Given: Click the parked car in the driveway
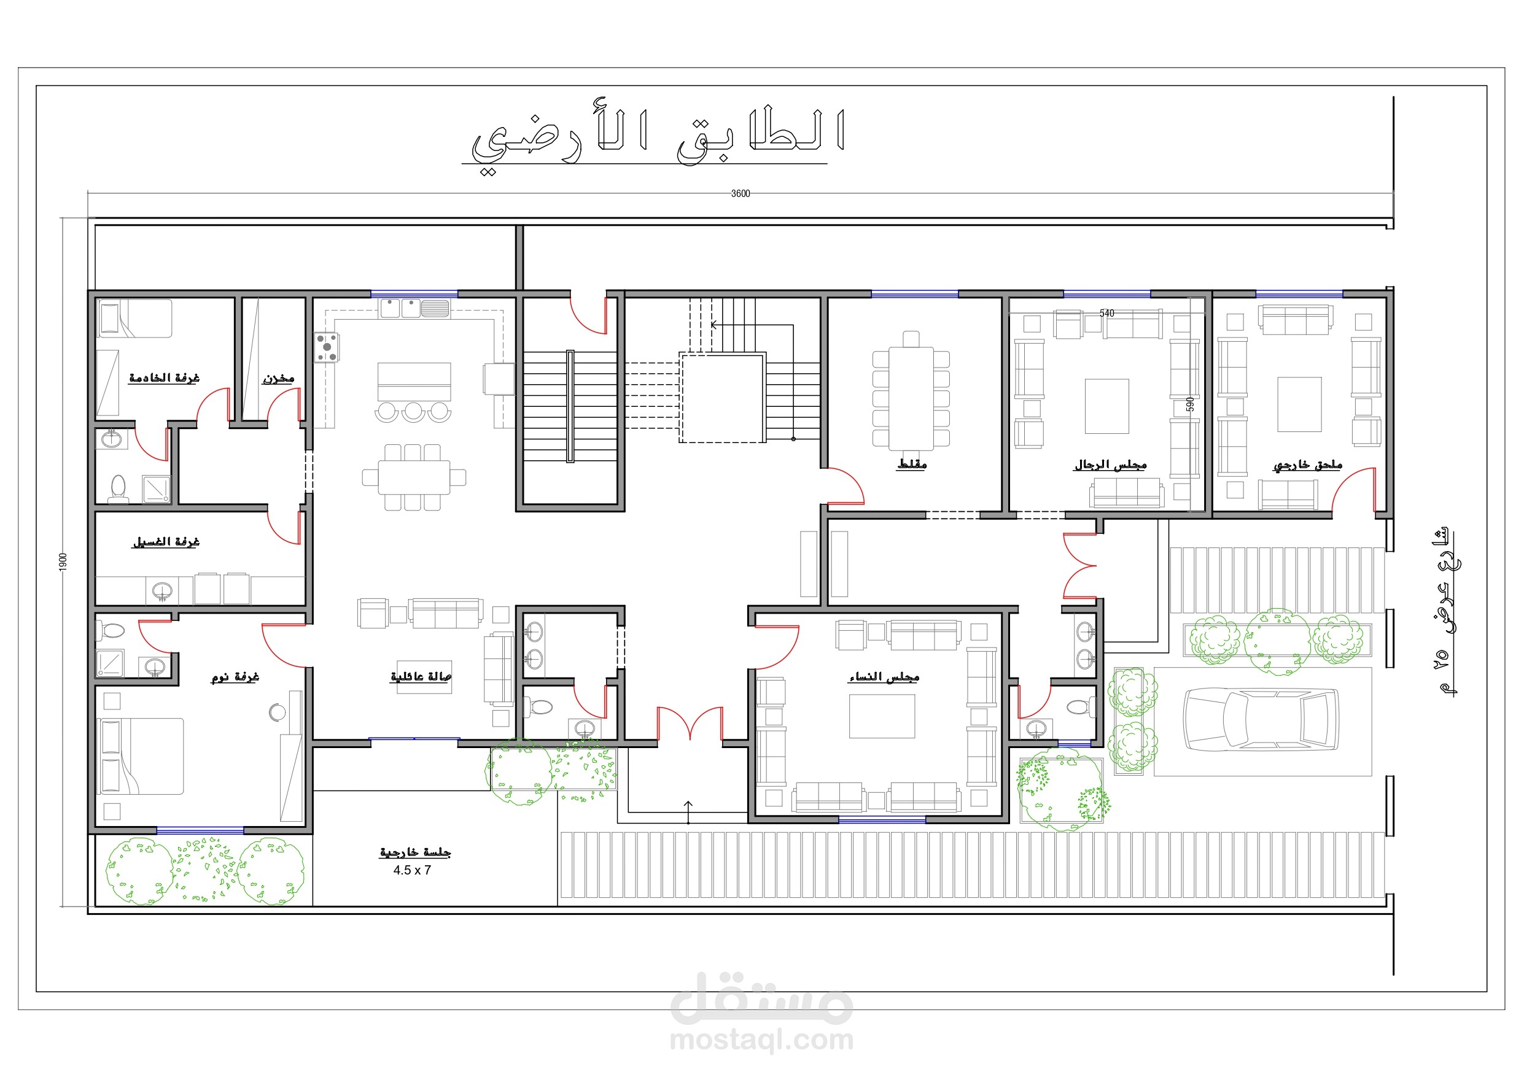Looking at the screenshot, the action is [x=1261, y=720].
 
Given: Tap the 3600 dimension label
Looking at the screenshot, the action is [x=740, y=194].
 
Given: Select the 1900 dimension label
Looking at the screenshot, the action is [x=63, y=562].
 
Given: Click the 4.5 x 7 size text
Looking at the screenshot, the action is [x=412, y=870].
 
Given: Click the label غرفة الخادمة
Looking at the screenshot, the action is [x=164, y=377].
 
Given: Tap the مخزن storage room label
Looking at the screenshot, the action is [x=278, y=378].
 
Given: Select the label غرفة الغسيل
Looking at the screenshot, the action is [x=166, y=541].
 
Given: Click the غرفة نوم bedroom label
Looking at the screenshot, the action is [x=235, y=676].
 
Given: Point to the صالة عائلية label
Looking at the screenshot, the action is [x=421, y=676].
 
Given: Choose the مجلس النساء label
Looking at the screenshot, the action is [x=884, y=677].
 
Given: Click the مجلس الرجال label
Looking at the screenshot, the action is [x=1111, y=465].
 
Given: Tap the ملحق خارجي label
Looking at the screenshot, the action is [x=1308, y=465].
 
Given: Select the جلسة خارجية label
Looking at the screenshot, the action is [x=416, y=852].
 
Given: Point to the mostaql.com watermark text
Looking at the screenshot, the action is [x=761, y=1040].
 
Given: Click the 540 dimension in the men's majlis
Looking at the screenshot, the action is [x=1107, y=313].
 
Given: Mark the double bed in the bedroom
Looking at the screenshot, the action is [x=141, y=756].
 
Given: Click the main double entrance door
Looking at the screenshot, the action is [x=690, y=724].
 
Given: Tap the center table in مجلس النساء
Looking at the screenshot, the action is [x=882, y=716].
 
